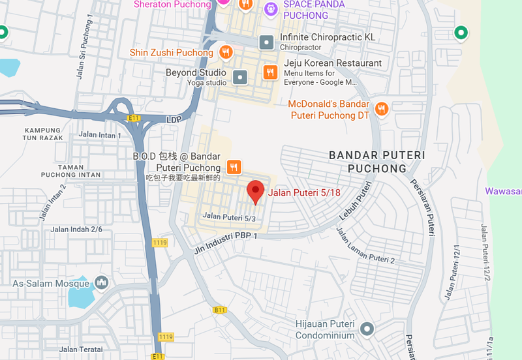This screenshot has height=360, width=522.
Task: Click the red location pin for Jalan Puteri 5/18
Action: pyautogui.click(x=256, y=190)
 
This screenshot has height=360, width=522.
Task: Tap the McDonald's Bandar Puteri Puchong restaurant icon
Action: pyautogui.click(x=382, y=109)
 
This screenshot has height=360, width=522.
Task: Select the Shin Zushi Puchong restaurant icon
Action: pyautogui.click(x=226, y=52)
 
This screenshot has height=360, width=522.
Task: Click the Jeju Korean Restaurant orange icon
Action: pyautogui.click(x=268, y=72)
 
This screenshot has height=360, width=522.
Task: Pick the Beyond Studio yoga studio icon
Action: pyautogui.click(x=240, y=78)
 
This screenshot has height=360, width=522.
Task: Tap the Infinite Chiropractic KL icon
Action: pyautogui.click(x=266, y=42)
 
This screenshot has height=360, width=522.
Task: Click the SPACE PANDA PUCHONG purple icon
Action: pyautogui.click(x=269, y=9)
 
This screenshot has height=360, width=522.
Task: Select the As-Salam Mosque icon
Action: pyautogui.click(x=100, y=283)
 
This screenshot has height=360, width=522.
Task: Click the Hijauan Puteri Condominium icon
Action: pyautogui.click(x=368, y=329)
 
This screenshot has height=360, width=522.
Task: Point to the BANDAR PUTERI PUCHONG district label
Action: pyautogui.click(x=376, y=162)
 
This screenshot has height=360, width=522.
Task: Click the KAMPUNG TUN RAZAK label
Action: pyautogui.click(x=44, y=134)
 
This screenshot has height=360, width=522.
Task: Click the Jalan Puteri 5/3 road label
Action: pyautogui.click(x=229, y=217)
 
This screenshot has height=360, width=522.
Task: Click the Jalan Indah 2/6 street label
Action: pyautogui.click(x=76, y=229)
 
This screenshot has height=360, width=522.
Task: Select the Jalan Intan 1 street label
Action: pyautogui.click(x=100, y=135)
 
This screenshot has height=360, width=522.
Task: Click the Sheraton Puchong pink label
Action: pyautogui.click(x=172, y=5)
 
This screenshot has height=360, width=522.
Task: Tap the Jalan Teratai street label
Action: pyautogui.click(x=82, y=350)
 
